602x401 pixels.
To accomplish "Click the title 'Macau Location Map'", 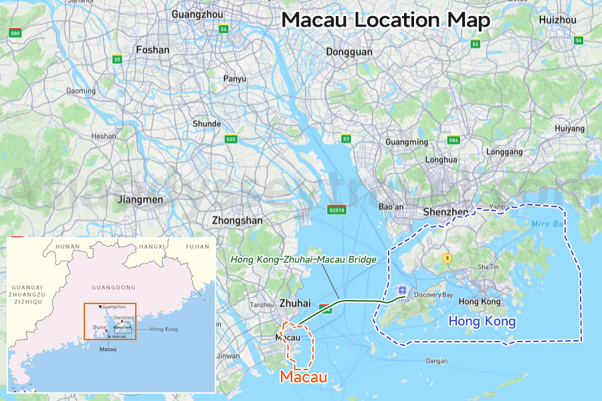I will [386, 20].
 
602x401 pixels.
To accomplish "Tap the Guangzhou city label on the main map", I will [197, 14].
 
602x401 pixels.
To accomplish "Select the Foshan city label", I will [153, 49].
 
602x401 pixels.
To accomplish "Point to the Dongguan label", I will [348, 51].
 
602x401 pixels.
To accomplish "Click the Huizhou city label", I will [557, 20].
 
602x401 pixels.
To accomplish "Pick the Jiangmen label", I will [140, 199].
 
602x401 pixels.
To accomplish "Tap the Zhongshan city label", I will [237, 220].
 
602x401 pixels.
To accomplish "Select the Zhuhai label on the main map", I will [295, 303].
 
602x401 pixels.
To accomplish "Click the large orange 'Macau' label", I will [304, 377].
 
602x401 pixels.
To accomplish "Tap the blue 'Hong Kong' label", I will [482, 321].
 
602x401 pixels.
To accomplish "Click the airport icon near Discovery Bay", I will [402, 289].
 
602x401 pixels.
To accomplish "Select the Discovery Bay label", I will [433, 295].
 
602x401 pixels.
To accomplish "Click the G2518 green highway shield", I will [336, 209].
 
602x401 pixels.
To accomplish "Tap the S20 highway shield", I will [231, 139].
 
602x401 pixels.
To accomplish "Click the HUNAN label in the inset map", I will [67, 246].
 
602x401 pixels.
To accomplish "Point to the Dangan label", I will [436, 362].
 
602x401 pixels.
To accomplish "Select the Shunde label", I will [207, 124].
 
